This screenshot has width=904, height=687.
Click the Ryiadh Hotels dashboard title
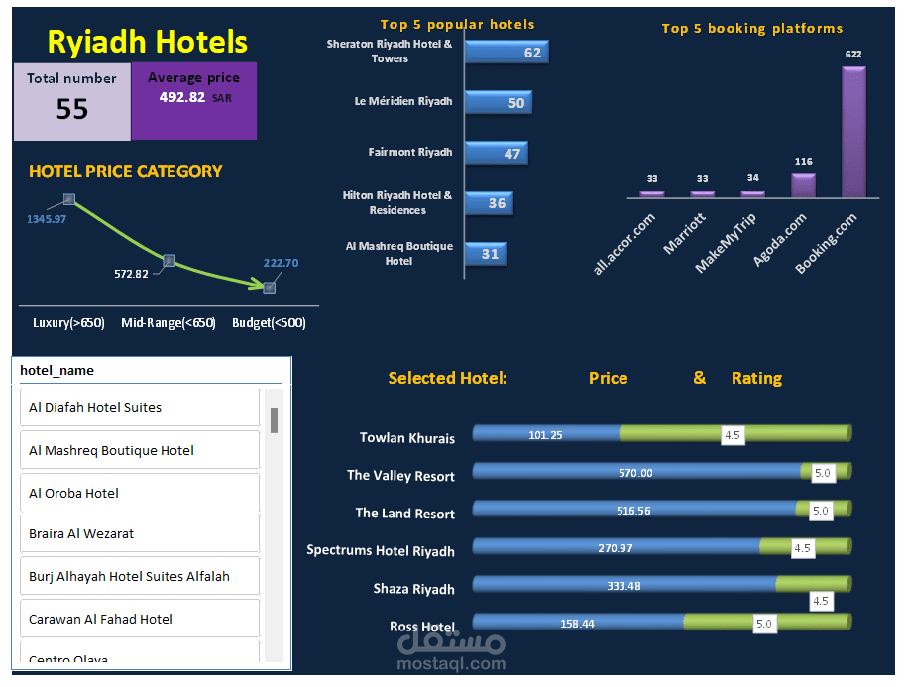(x=148, y=42)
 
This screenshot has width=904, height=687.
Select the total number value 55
(x=71, y=109)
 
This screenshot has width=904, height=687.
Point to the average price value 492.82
(x=182, y=97)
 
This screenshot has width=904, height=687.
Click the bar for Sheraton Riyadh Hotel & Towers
(x=506, y=53)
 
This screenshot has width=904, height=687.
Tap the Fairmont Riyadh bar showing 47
(x=496, y=153)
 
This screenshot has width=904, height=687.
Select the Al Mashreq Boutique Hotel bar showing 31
(x=485, y=254)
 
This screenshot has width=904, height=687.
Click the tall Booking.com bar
(x=853, y=133)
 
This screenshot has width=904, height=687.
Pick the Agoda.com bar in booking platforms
(x=803, y=186)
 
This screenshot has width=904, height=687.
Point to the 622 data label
(x=853, y=54)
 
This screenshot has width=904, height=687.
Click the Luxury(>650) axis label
(x=68, y=323)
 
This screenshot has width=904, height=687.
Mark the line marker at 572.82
(x=169, y=260)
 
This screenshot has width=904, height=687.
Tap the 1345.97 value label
(x=47, y=219)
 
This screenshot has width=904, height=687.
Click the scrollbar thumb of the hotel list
(x=274, y=420)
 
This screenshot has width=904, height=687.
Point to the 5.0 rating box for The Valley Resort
(x=823, y=474)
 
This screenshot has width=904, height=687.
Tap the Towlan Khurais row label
(x=407, y=437)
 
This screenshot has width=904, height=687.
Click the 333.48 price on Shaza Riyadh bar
(x=623, y=586)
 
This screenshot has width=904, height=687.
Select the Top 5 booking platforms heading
(x=752, y=29)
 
